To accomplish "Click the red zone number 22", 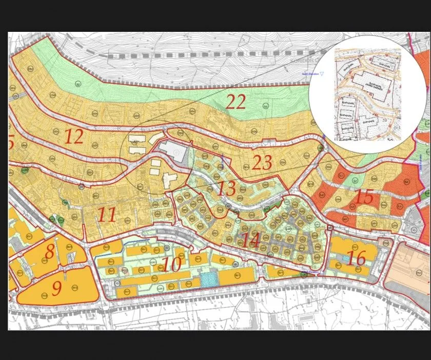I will pos(236,102).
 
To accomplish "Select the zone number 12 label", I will pos(74,137).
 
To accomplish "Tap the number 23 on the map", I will pos(262,163).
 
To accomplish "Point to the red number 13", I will pos(226,188).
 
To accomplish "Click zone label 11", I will pos(107,214).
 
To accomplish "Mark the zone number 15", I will pos(364,196).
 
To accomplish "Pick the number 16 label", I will pos(356,258).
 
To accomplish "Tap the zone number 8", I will pos(49,252).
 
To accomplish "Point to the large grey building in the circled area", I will pos(173,153).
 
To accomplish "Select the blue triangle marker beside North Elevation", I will pos(322,74).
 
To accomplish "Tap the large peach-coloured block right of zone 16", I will pos(408,273).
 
